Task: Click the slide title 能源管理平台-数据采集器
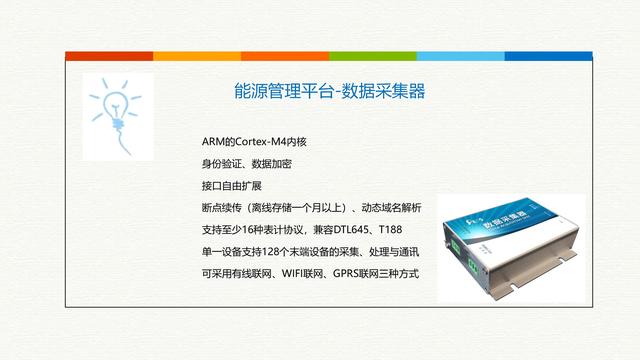pos(322,92)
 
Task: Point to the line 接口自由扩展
pos(230,185)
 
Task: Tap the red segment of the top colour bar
pos(284,55)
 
